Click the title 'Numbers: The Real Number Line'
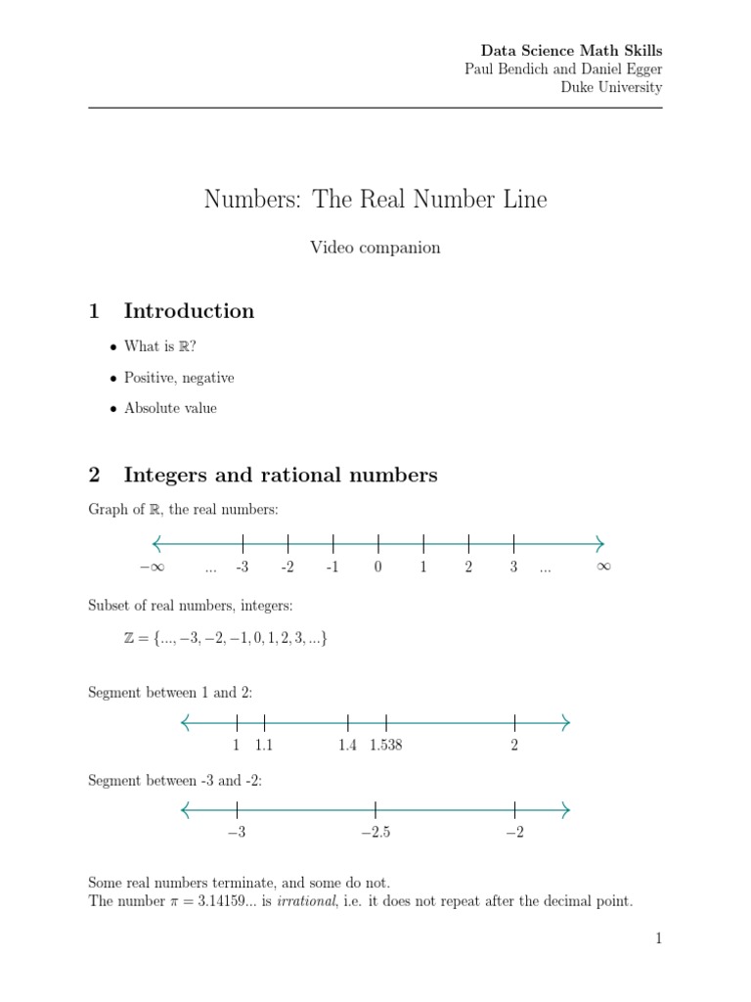tap(375, 200)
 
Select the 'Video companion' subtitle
tap(375, 248)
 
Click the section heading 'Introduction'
tap(189, 311)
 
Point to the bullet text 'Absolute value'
tap(170, 408)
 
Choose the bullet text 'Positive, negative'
tap(179, 378)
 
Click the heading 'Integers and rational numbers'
tap(281, 476)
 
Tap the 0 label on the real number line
tap(377, 568)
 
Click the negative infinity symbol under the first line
tap(151, 568)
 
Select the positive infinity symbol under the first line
tap(602, 568)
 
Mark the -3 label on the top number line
tap(243, 568)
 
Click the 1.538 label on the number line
tap(385, 746)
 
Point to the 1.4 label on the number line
tap(347, 746)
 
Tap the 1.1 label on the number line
tap(264, 746)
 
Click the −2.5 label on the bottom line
tap(375, 833)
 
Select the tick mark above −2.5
tap(375, 809)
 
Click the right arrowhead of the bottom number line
tap(564, 809)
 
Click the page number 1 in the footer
tap(659, 939)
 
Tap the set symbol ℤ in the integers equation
tap(129, 638)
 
